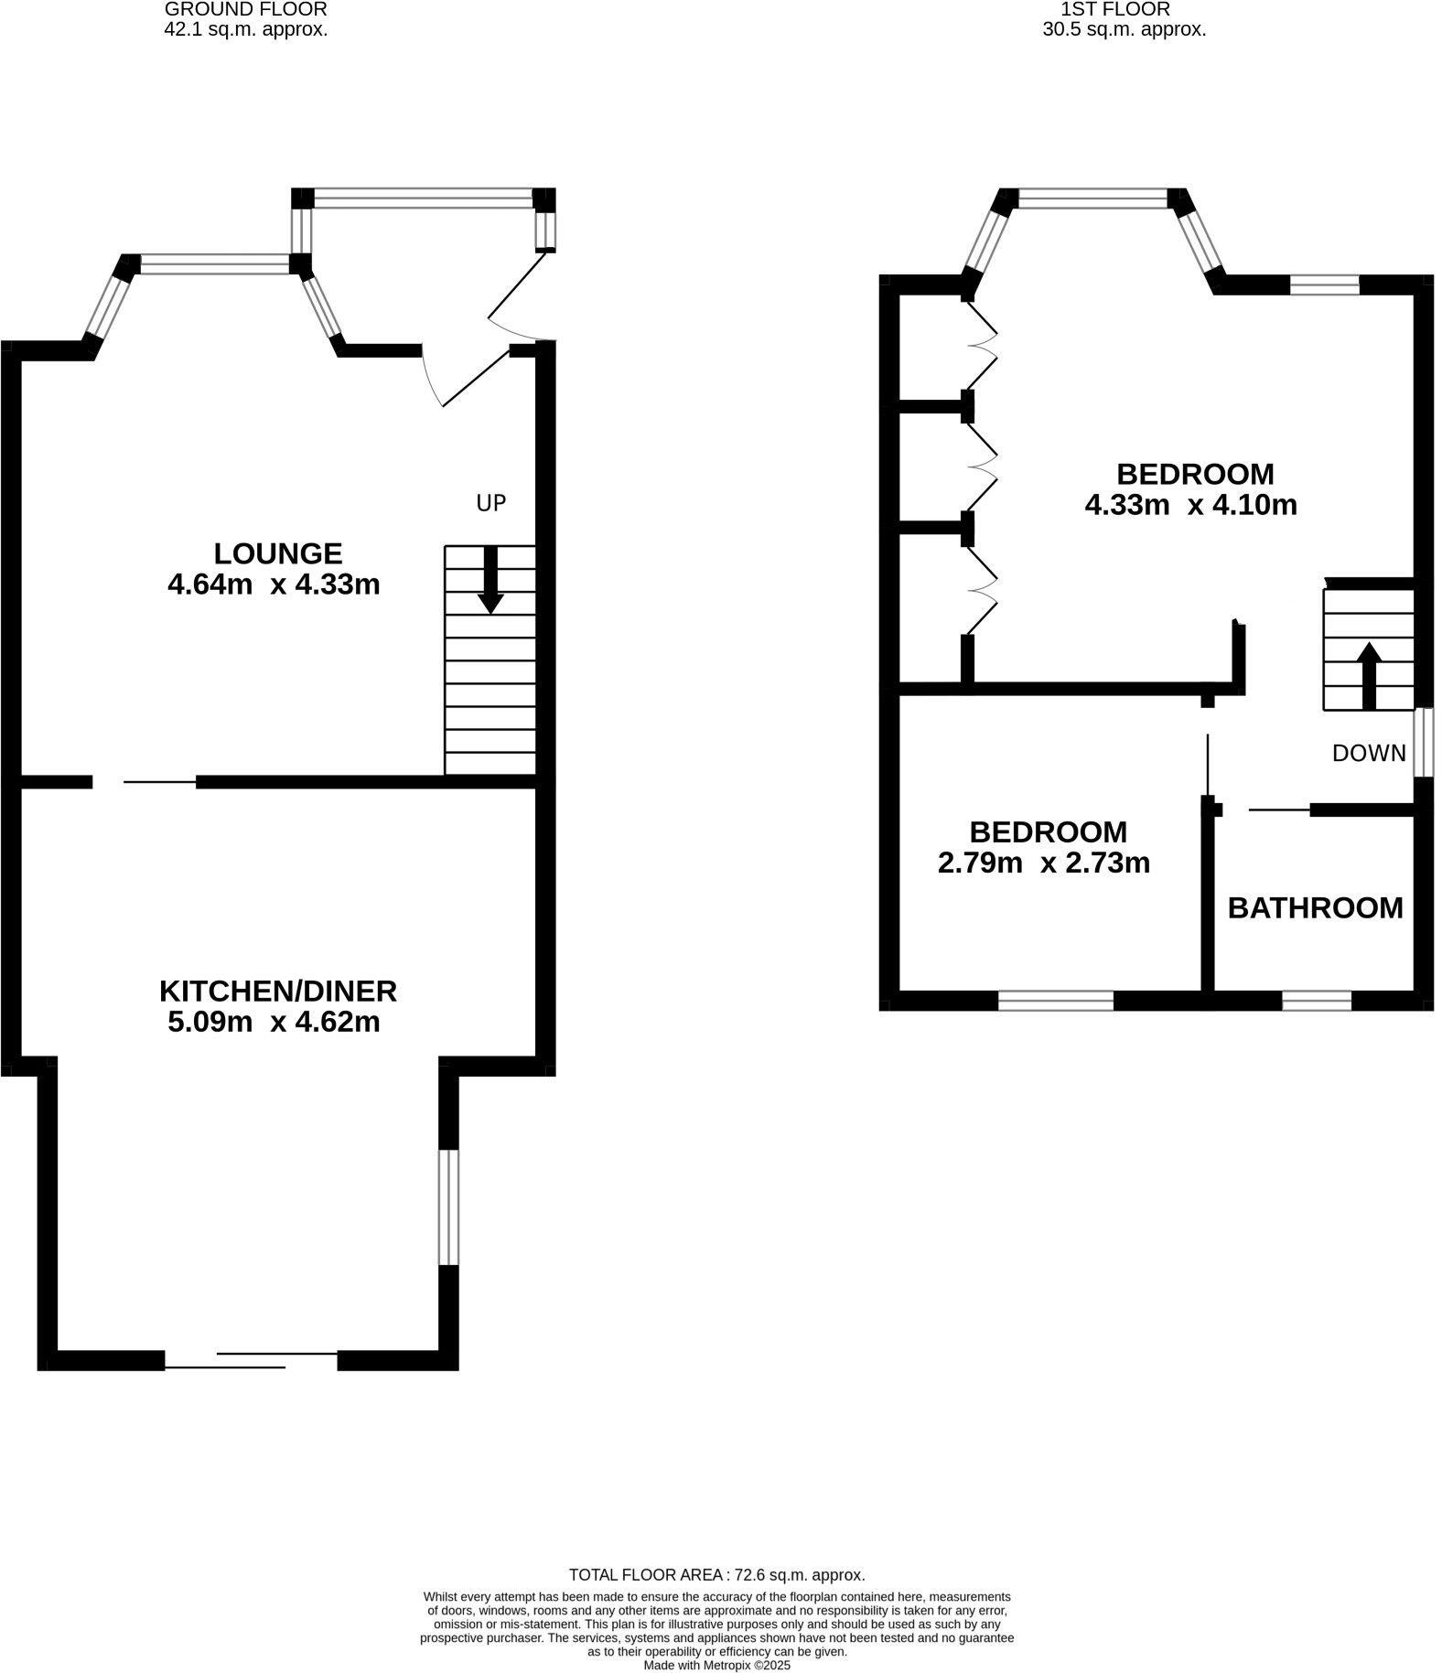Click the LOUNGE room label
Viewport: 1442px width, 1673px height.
pos(278,553)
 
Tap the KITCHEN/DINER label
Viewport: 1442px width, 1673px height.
pos(278,992)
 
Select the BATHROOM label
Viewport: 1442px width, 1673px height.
pos(1315,907)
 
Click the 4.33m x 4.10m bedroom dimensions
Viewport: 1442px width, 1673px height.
pos(1190,505)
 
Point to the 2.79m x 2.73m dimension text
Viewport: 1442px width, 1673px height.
pos(1044,863)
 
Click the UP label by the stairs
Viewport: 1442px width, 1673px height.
pos(490,502)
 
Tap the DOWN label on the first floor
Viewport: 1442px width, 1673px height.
pos(1369,753)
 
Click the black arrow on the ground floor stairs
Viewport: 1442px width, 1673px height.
pos(491,580)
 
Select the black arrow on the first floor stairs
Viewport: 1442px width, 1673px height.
pos(1369,676)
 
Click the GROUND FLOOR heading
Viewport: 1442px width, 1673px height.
pos(245,10)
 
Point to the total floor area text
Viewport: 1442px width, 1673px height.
pos(716,1575)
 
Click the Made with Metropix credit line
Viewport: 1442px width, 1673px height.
pos(716,1666)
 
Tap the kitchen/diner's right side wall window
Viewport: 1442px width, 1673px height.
pos(448,1207)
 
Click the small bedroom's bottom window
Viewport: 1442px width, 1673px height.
pos(1055,1002)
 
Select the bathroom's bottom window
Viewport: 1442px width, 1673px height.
pos(1317,1002)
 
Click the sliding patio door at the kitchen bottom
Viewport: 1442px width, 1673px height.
pos(252,1360)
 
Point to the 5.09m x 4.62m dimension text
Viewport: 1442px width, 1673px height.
pos(274,1022)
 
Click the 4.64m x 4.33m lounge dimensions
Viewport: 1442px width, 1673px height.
pos(274,584)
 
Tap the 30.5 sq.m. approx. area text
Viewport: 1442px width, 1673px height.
pos(1125,29)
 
